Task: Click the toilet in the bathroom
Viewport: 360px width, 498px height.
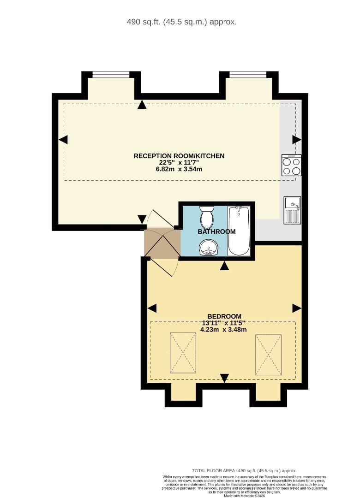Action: click(x=206, y=216)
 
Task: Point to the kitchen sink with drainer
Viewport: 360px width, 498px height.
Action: click(x=292, y=210)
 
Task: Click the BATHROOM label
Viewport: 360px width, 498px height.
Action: click(x=216, y=231)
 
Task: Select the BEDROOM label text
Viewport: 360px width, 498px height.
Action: click(x=224, y=316)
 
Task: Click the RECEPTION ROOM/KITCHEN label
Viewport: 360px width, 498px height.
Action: click(x=179, y=156)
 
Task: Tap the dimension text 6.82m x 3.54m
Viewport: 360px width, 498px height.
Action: click(x=179, y=169)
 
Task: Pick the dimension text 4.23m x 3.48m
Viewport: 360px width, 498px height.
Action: click(x=224, y=329)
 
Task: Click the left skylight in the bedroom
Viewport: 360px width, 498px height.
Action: click(x=183, y=353)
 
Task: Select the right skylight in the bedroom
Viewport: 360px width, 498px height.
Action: click(x=268, y=355)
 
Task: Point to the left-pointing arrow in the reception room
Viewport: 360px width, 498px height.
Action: click(x=63, y=139)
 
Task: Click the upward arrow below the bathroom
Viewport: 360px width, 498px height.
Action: click(x=224, y=266)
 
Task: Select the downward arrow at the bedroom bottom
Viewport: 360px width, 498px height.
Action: click(x=224, y=378)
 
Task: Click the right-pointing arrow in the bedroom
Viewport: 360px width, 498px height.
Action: click(x=296, y=308)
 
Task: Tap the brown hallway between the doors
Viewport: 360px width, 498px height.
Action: click(x=162, y=243)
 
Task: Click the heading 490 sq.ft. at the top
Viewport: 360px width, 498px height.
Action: click(x=181, y=22)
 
